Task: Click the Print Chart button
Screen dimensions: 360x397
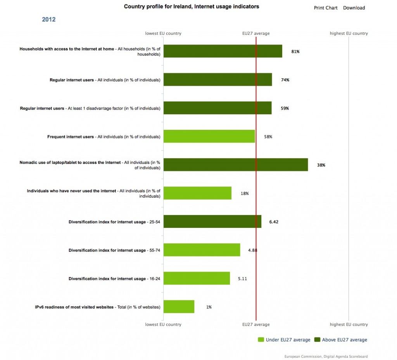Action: click(x=326, y=8)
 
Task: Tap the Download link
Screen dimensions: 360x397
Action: click(x=354, y=8)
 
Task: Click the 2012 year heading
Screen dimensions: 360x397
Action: click(x=48, y=19)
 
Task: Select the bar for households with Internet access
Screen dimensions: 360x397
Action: click(x=223, y=51)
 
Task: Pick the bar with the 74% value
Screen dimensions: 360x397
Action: click(x=218, y=79)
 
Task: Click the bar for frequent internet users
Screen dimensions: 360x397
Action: click(x=209, y=136)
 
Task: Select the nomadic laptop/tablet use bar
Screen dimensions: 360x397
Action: click(x=236, y=165)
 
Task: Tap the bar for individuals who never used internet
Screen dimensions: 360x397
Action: click(x=197, y=193)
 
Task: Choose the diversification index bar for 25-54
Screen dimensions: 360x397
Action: click(x=212, y=221)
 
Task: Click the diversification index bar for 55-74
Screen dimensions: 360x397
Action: click(x=202, y=250)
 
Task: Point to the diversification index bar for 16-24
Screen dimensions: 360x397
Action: click(x=197, y=278)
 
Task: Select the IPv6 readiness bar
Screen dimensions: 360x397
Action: click(x=179, y=307)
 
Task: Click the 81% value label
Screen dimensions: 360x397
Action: click(x=295, y=52)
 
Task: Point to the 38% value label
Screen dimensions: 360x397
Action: click(x=321, y=165)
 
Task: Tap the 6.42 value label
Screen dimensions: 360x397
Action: click(x=274, y=222)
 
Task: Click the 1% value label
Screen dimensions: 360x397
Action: click(x=209, y=307)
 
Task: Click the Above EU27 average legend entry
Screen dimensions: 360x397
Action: click(x=340, y=340)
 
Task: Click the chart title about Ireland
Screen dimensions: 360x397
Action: click(x=192, y=7)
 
